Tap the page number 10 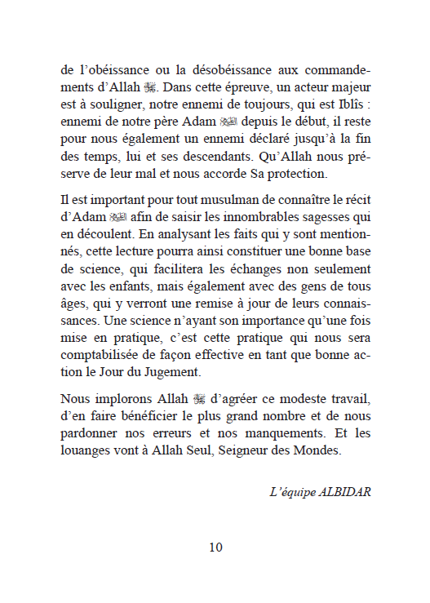[215, 547]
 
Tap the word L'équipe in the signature [291, 492]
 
